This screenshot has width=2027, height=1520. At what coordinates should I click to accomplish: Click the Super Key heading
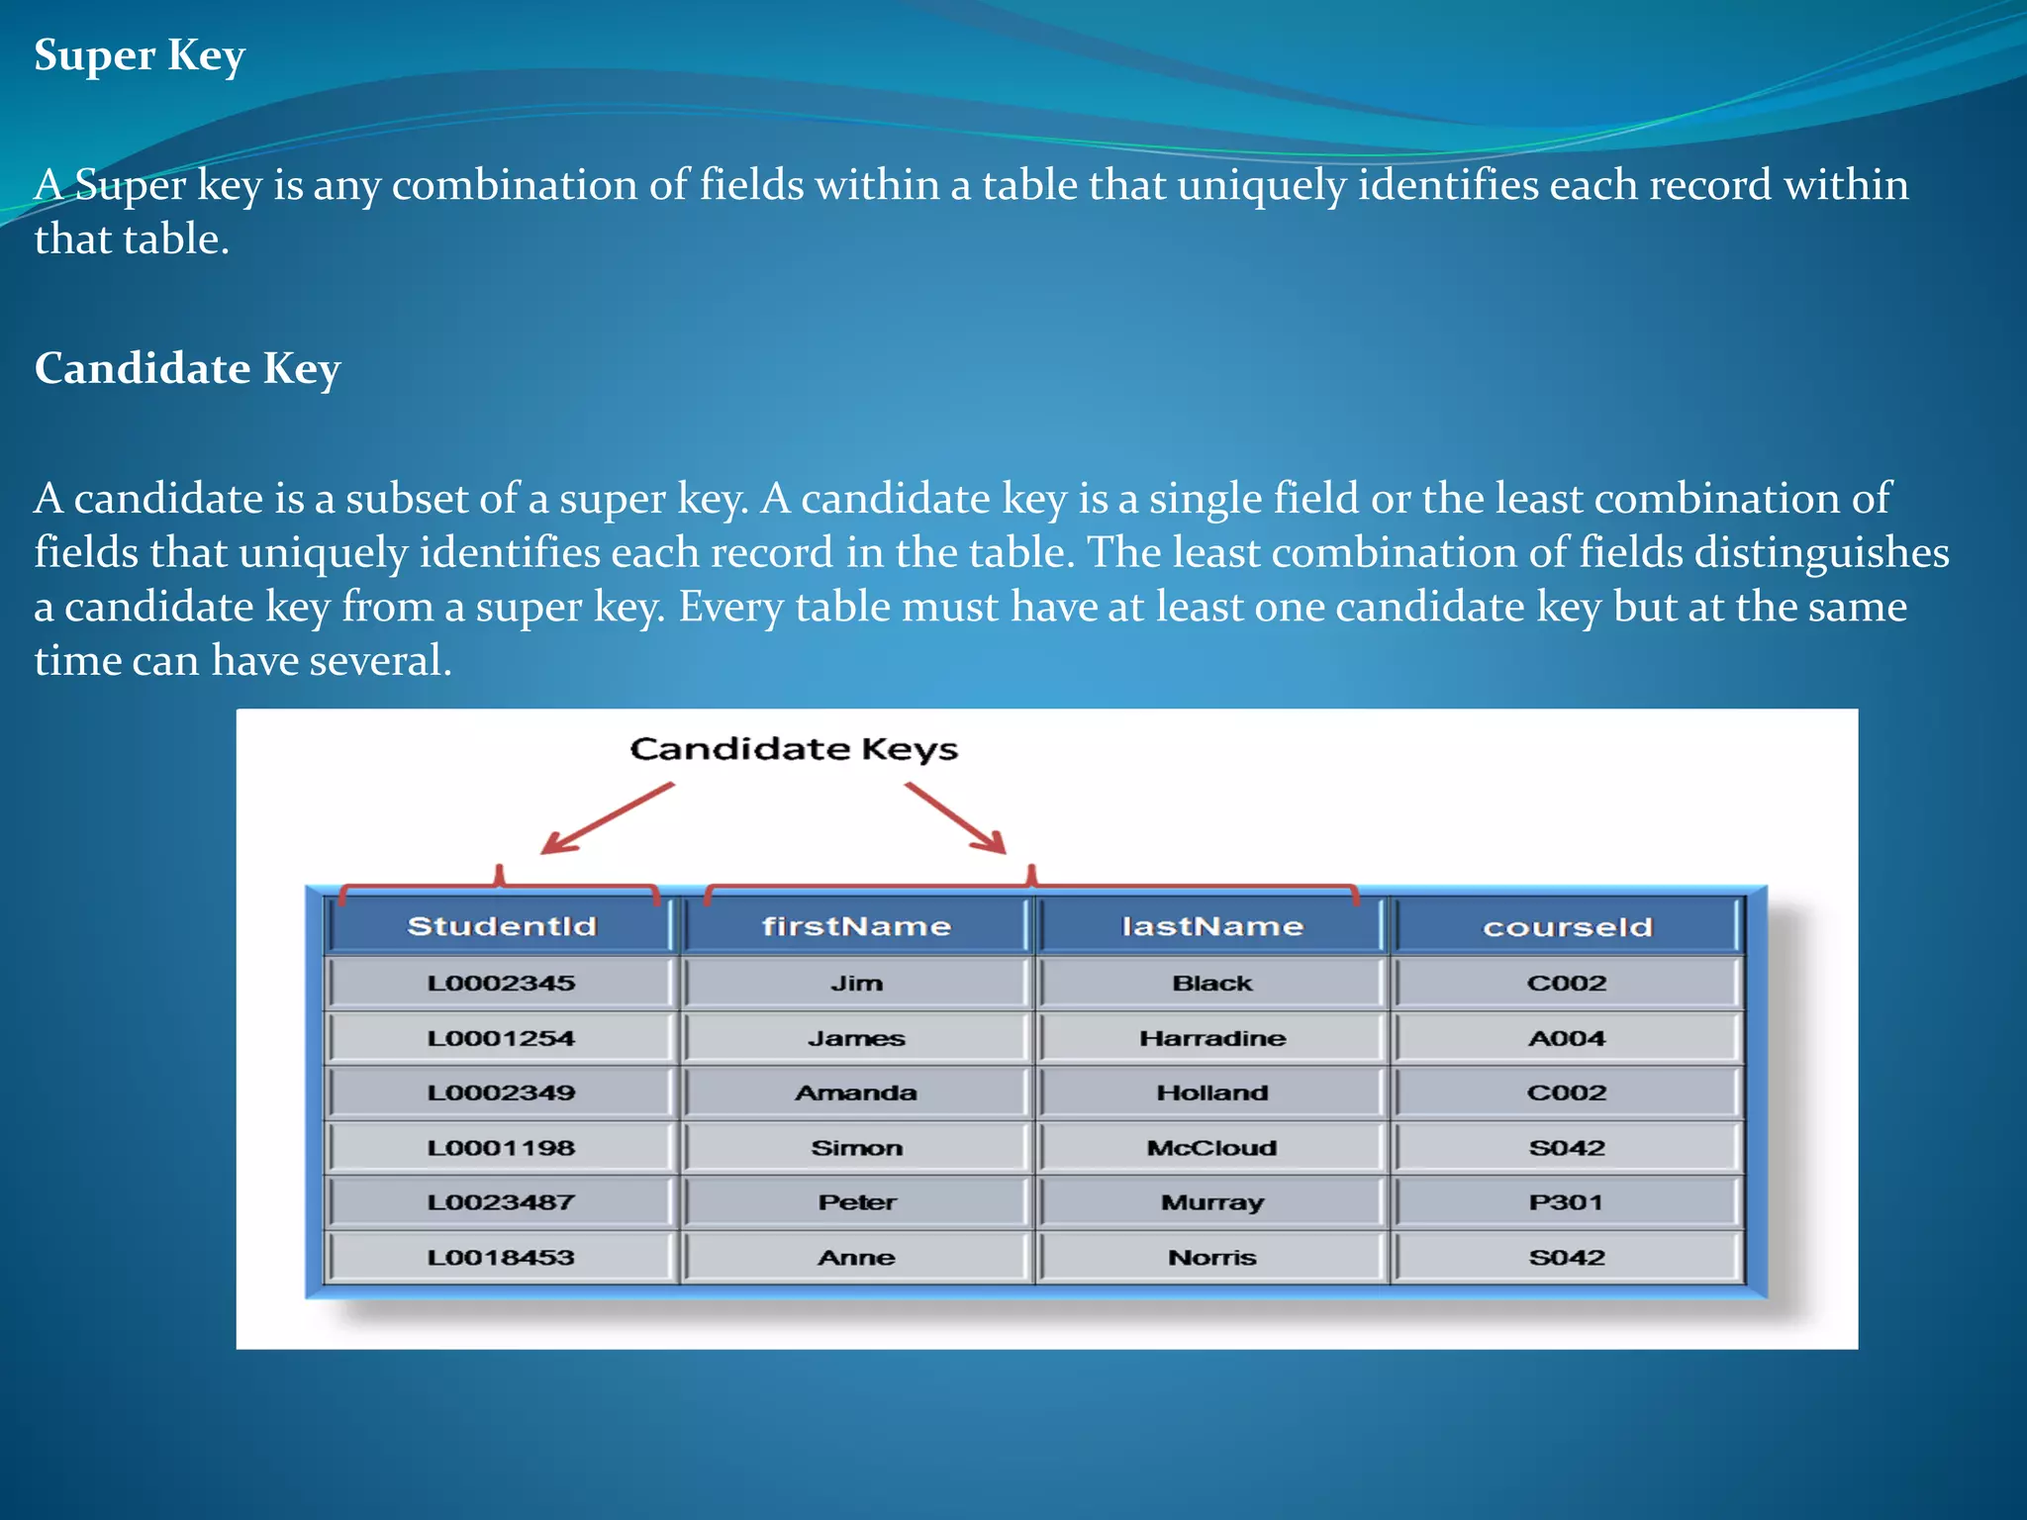[140, 55]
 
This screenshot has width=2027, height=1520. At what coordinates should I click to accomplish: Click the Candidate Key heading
[187, 368]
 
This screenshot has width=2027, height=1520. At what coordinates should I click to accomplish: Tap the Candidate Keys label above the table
[794, 749]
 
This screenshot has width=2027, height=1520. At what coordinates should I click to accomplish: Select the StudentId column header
[502, 926]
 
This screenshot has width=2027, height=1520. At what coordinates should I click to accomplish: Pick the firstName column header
[856, 926]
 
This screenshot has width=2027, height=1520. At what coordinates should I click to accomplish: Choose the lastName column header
[1212, 926]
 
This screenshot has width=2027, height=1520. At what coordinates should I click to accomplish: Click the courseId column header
[1567, 927]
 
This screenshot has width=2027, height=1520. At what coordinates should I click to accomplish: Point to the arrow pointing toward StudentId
[607, 818]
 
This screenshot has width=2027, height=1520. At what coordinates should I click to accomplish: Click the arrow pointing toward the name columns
[955, 817]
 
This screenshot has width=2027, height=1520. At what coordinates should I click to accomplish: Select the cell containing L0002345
[501, 983]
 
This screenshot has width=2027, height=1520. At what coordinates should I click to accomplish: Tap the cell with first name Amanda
[856, 1092]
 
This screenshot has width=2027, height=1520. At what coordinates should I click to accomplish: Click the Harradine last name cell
[1212, 1038]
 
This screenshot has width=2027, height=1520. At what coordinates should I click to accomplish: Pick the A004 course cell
[1567, 1038]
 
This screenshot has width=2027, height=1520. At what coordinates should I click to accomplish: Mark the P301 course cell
[1566, 1202]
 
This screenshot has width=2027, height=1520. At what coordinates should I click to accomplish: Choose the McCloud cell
[1212, 1148]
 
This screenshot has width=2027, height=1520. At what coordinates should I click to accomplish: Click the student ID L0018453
[501, 1258]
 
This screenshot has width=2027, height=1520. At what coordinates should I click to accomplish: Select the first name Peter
[856, 1202]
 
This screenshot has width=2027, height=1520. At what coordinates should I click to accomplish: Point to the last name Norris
[1212, 1258]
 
